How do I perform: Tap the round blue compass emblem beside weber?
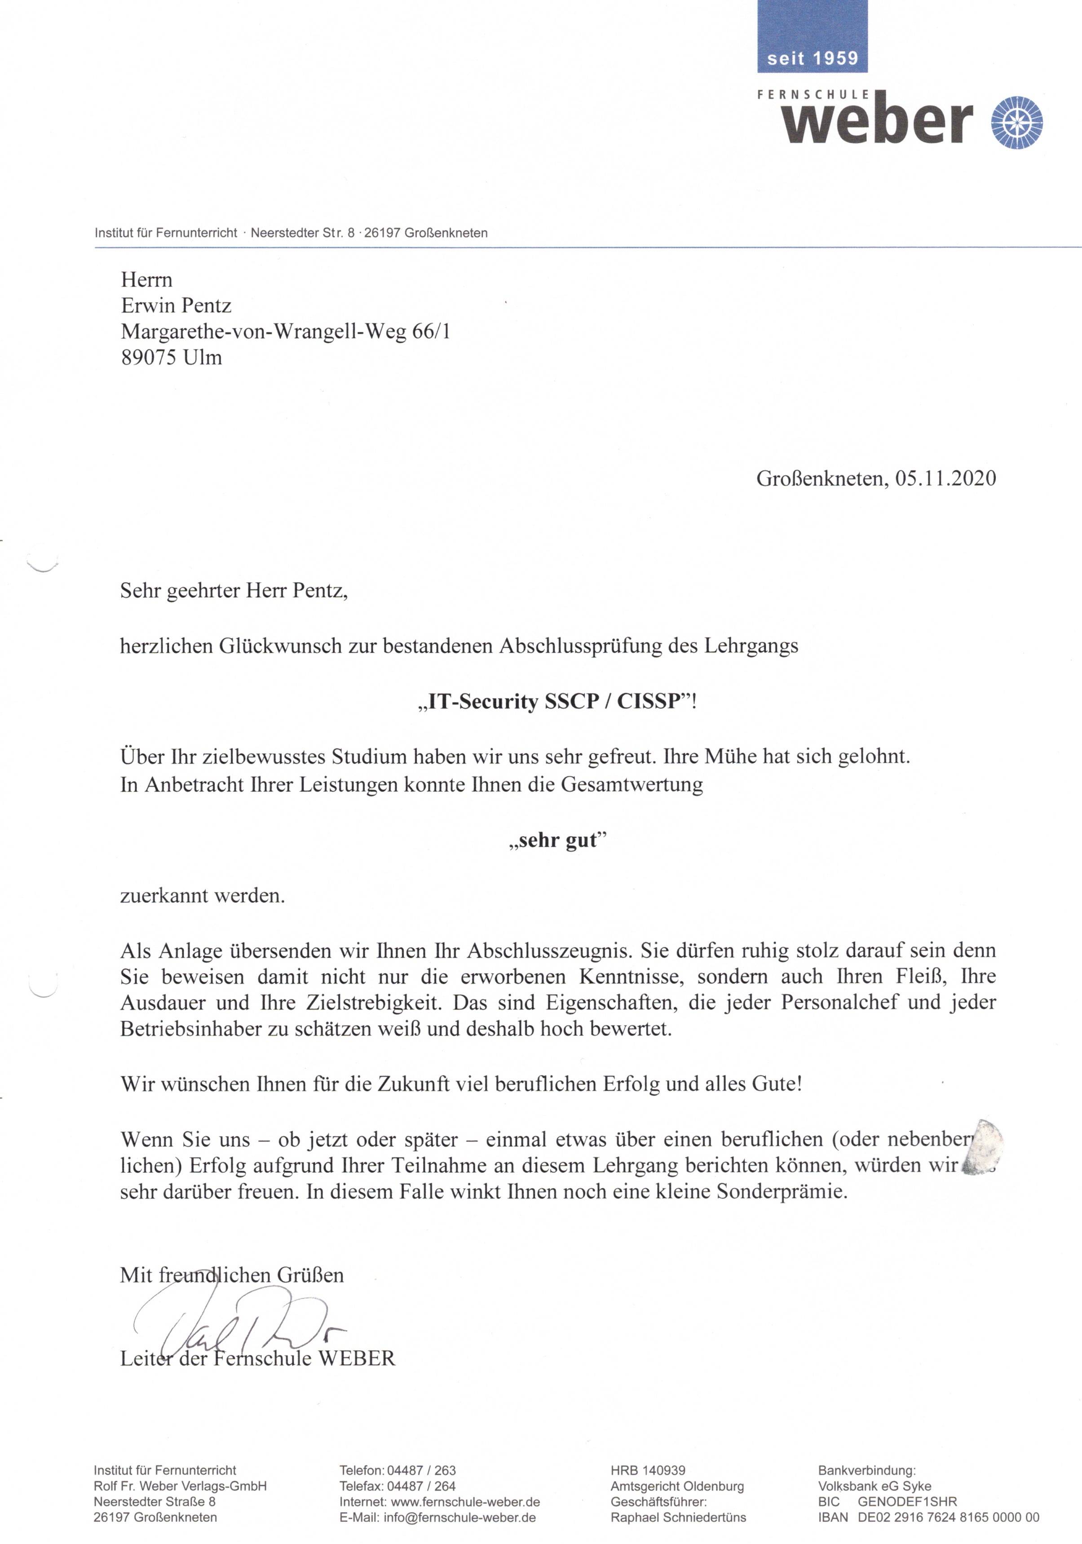1017,122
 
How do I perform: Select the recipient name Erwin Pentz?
176,305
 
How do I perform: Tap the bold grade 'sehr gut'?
557,840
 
